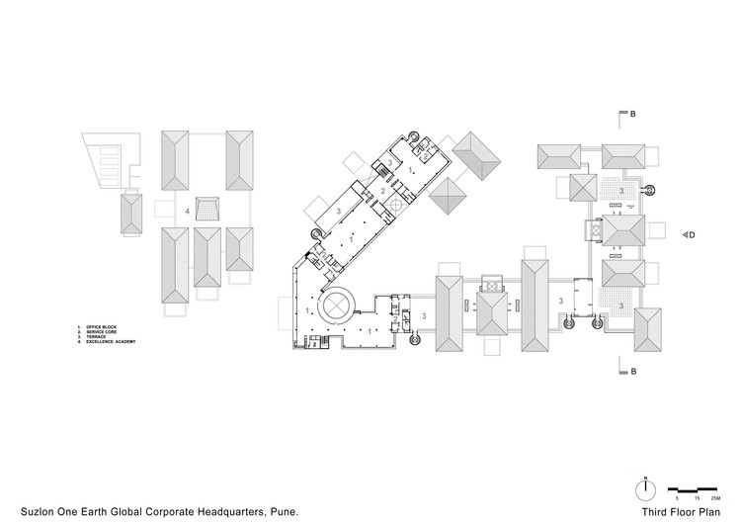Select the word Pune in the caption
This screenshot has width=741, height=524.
(x=283, y=512)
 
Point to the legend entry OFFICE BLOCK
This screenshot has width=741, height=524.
(x=105, y=325)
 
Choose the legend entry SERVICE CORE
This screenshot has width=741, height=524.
(x=106, y=331)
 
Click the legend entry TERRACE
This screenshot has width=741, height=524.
(x=98, y=336)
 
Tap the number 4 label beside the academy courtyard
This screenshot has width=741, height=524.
(x=187, y=210)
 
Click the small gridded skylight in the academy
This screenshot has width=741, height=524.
(x=208, y=210)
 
